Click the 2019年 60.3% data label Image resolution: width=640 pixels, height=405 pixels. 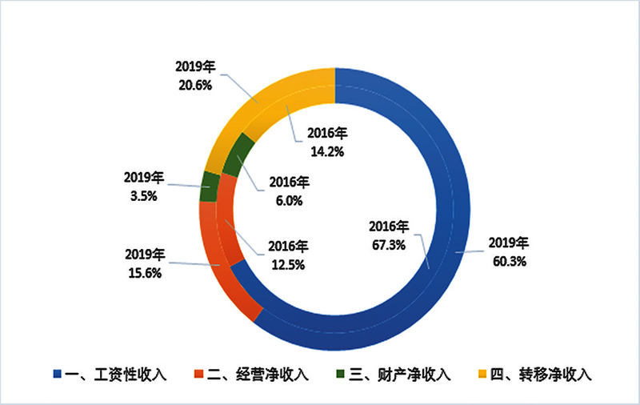[x=508, y=251]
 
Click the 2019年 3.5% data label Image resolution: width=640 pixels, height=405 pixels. [x=144, y=185]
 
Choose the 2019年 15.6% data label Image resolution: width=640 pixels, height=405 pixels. [x=144, y=263]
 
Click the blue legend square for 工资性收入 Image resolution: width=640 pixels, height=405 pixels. [x=58, y=375]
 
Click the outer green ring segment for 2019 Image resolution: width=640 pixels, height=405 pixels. [x=210, y=186]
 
